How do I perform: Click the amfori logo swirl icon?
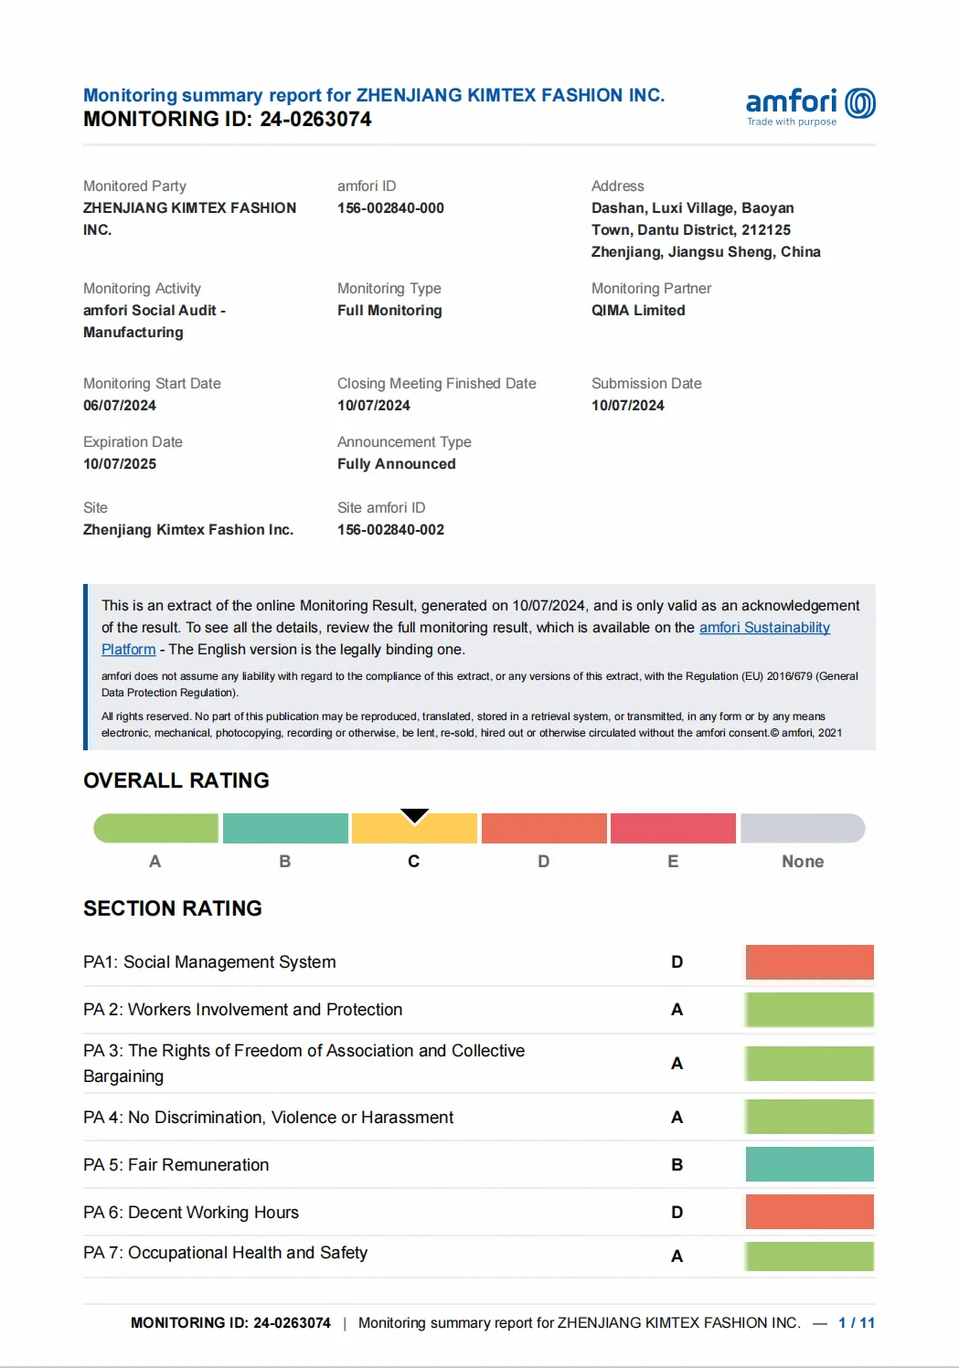(x=860, y=103)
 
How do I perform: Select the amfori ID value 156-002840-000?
(x=390, y=208)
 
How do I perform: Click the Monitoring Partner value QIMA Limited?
(x=638, y=311)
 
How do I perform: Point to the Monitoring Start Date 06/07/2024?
(x=120, y=406)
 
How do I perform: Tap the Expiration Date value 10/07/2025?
(x=120, y=464)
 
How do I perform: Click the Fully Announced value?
(x=396, y=464)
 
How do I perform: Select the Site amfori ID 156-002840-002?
(x=390, y=530)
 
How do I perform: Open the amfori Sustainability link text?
(x=764, y=628)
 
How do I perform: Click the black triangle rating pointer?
(x=414, y=815)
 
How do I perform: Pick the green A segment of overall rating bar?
(x=156, y=828)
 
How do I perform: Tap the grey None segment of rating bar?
(x=802, y=828)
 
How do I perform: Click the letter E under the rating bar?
(x=673, y=862)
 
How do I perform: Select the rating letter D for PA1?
(x=677, y=962)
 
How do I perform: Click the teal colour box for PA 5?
(x=809, y=1164)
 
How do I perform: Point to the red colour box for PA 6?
(x=809, y=1212)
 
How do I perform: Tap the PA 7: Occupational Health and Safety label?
(x=225, y=1253)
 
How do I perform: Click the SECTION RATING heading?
(x=173, y=908)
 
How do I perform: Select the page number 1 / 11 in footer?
(x=856, y=1323)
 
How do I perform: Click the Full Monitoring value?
(x=389, y=311)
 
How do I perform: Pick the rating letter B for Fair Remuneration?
(x=677, y=1165)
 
